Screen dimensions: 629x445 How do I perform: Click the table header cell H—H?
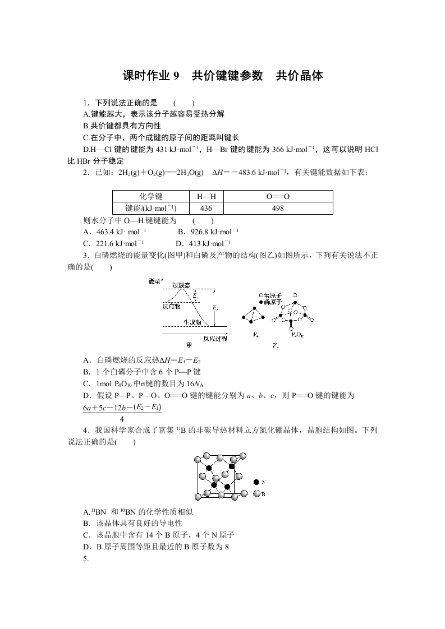coord(207,197)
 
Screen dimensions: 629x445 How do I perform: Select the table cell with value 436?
coord(207,208)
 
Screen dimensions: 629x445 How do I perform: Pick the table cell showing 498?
coord(278,208)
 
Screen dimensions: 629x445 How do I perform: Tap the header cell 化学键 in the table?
coord(151,197)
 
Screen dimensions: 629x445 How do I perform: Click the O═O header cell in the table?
coord(278,197)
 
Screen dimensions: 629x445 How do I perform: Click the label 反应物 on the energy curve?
coord(171,306)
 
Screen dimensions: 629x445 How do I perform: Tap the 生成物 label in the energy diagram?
coord(193,322)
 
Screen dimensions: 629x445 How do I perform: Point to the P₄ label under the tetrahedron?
coord(256,335)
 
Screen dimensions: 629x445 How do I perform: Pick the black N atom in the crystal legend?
coord(256,482)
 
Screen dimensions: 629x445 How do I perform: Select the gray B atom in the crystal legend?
coord(256,493)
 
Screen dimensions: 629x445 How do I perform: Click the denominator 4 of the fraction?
coord(122,419)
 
